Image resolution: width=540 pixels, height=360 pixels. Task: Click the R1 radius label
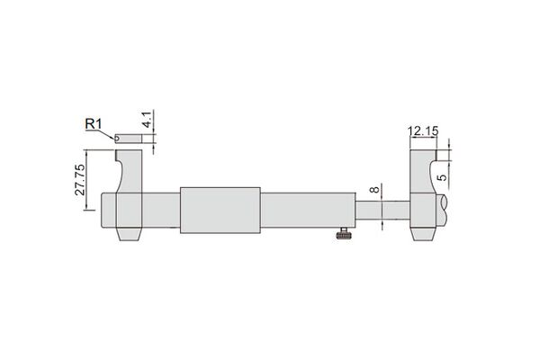coord(94,124)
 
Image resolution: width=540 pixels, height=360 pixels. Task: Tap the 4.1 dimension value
coord(148,120)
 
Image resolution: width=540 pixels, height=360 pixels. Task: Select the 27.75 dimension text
coord(80,180)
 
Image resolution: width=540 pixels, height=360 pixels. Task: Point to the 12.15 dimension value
coord(423,130)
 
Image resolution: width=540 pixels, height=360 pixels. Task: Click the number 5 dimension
coord(442,177)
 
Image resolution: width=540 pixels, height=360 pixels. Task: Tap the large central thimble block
coord(220,210)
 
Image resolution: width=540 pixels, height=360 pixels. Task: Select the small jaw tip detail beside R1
coord(128,139)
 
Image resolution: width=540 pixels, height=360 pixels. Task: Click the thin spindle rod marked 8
coord(382,210)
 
